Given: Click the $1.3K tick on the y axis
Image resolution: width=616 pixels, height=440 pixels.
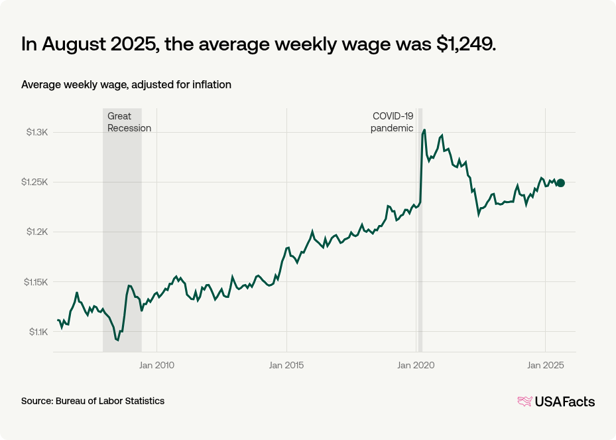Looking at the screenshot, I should pos(37,133).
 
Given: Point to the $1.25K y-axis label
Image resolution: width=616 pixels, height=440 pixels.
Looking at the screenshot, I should pos(35,183).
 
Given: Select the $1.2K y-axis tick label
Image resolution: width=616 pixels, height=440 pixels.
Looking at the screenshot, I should pos(37,232).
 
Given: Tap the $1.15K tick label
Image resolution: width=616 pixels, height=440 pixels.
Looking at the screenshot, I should pos(35,282).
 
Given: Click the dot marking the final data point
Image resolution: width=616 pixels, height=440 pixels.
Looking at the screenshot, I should pos(560,183).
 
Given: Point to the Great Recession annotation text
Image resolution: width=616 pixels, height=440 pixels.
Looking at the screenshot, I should pos(129,122).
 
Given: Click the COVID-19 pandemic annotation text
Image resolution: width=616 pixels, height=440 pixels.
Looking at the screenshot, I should pos(392,122).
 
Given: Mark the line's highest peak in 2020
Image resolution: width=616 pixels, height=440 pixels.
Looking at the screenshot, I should pos(424,130).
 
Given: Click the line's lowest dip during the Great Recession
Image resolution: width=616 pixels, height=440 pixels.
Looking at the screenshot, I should pos(117,340).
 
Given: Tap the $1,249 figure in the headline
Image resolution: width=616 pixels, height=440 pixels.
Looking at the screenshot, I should pos(465,44).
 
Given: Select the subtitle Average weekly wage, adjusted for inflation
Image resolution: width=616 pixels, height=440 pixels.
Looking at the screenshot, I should pos(126,85).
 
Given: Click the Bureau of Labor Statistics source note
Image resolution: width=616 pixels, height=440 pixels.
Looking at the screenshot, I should pos(93,401).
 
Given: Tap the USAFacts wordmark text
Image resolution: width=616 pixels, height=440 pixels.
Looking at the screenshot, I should pos(565,402).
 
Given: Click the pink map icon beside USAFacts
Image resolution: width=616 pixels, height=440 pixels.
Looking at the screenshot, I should pos(524,402).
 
